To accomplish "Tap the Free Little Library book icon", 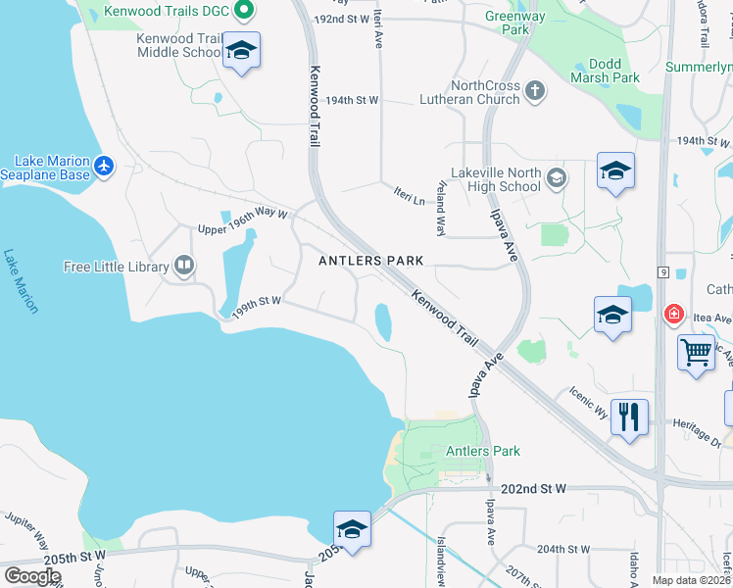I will coord(183,266).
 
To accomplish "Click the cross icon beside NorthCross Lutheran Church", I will coord(534,92).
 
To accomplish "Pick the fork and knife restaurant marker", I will coord(628,416).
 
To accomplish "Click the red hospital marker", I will coord(673,315).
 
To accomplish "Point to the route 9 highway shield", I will coord(663,270).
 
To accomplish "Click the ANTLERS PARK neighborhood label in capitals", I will coord(371,261).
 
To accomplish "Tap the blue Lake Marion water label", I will coord(20,280).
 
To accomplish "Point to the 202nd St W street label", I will coord(533,488).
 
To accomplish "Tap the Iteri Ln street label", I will coord(410,194).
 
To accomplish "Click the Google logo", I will coord(32,576).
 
